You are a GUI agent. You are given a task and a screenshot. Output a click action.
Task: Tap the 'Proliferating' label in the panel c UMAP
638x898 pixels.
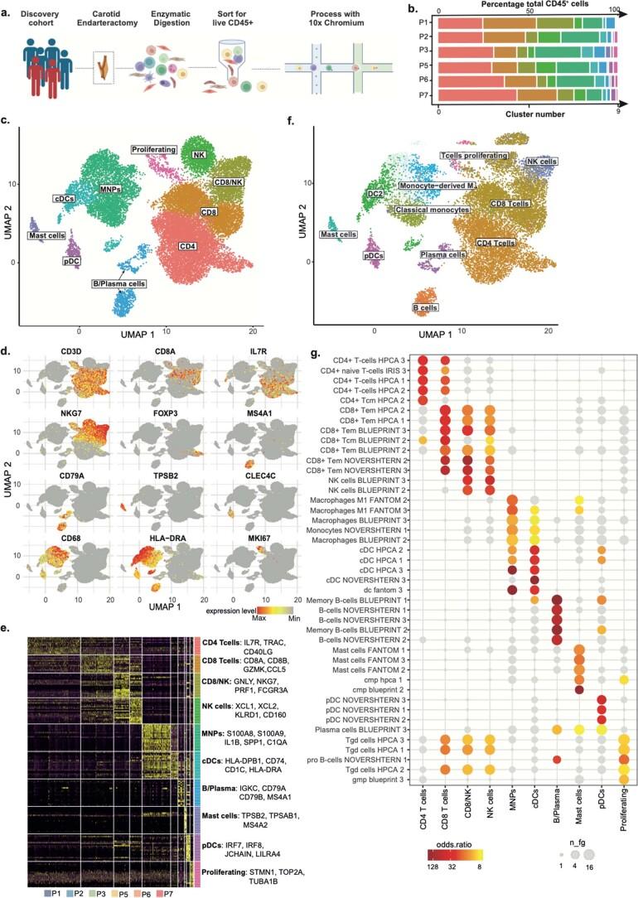(154, 149)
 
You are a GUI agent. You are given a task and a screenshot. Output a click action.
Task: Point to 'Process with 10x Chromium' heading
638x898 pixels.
(326, 15)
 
